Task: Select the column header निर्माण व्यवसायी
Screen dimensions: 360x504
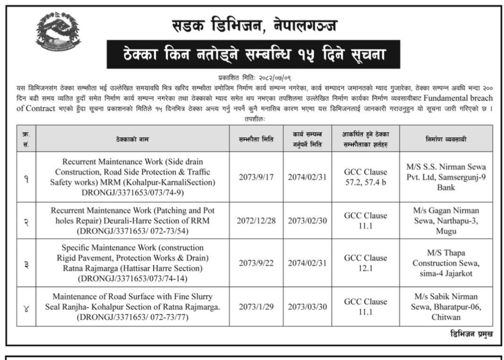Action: click(x=446, y=138)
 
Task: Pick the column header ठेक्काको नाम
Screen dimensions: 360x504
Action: click(x=133, y=139)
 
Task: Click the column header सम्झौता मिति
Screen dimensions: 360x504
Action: click(x=256, y=138)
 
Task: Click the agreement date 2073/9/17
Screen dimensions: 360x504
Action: click(x=256, y=177)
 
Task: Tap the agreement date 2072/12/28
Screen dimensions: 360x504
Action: click(x=256, y=221)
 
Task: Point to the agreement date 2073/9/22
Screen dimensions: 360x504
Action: click(x=256, y=263)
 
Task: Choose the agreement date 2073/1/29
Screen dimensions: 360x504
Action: click(x=256, y=307)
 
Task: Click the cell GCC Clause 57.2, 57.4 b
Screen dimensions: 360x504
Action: click(x=365, y=177)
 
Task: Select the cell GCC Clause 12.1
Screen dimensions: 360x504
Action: click(x=365, y=263)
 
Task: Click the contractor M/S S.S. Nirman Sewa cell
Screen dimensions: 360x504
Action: click(x=446, y=177)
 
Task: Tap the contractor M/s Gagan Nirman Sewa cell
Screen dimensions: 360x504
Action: click(x=446, y=221)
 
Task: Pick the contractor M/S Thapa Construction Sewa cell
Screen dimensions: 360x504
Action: click(x=446, y=263)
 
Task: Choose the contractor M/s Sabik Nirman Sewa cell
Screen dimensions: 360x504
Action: click(x=446, y=307)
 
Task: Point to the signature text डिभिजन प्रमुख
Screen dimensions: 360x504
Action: click(x=471, y=334)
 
